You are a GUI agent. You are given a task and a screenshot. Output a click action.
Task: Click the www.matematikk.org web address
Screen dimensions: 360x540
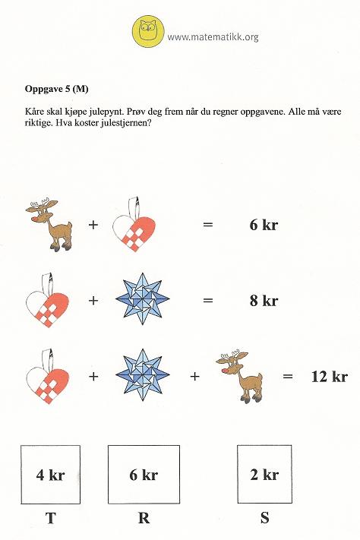pyautogui.click(x=213, y=36)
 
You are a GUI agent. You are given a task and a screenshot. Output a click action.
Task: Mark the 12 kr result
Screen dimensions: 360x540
pyautogui.click(x=329, y=376)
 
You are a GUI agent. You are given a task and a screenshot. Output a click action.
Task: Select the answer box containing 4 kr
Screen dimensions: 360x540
pyautogui.click(x=51, y=475)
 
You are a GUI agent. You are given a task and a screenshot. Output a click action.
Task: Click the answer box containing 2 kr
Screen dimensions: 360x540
pyautogui.click(x=264, y=475)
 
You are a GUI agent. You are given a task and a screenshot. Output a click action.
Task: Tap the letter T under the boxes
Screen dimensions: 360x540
pyautogui.click(x=51, y=519)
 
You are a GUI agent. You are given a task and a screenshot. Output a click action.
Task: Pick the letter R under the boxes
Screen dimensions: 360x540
pyautogui.click(x=144, y=519)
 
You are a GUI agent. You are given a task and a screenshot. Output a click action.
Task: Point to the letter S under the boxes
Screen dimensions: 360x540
pyautogui.click(x=264, y=519)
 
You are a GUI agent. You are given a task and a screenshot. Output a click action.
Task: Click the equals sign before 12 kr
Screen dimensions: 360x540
pyautogui.click(x=288, y=375)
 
